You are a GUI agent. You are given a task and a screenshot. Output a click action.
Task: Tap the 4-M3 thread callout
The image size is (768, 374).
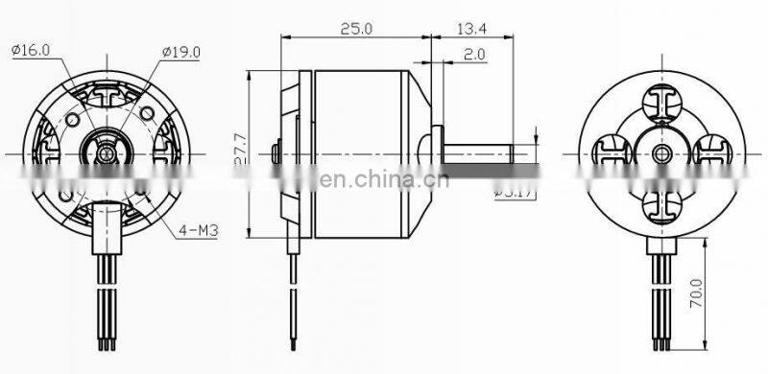196,230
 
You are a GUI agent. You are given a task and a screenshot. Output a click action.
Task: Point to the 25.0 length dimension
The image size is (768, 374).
354,30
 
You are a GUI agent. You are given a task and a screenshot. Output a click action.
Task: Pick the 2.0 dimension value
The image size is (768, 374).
473,55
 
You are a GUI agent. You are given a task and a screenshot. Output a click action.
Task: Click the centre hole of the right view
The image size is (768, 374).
661,153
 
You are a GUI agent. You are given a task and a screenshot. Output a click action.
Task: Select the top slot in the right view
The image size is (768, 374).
661,102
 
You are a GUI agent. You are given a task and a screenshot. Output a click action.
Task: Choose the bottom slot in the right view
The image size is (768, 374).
661,204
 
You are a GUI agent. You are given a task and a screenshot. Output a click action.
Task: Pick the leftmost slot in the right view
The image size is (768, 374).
611,152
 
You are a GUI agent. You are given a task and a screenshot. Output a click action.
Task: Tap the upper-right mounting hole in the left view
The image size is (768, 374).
146,116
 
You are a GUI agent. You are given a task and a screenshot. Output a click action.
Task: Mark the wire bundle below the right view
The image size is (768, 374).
661,297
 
